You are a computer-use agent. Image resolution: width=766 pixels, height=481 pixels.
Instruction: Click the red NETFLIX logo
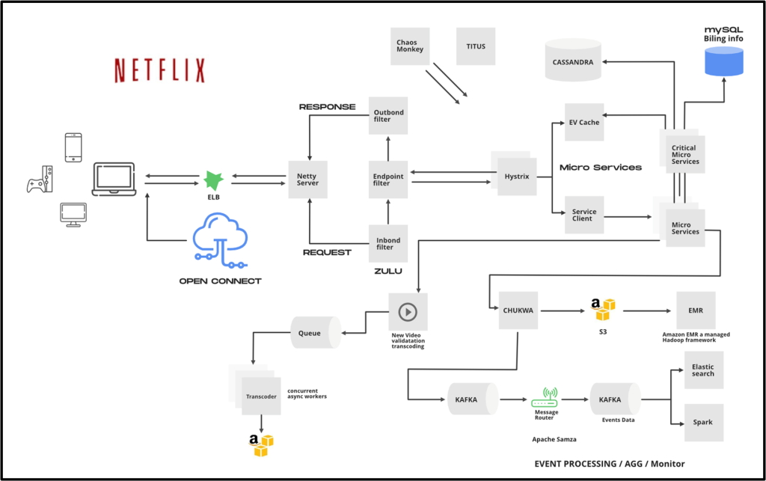[x=159, y=70]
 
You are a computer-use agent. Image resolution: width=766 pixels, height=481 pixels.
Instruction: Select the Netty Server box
[x=307, y=180]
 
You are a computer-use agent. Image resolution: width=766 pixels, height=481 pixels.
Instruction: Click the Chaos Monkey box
[x=409, y=46]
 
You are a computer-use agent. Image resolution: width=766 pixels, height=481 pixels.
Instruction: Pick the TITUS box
[x=475, y=46]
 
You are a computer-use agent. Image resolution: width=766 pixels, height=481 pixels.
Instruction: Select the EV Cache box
[x=584, y=123]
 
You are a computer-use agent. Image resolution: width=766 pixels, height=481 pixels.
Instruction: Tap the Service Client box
[x=584, y=215]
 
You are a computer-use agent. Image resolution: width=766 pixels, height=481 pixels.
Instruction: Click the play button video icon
[x=408, y=311]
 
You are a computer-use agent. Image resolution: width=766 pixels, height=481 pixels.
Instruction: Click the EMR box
[x=696, y=310]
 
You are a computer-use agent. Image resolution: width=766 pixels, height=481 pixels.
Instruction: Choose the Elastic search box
[x=703, y=370]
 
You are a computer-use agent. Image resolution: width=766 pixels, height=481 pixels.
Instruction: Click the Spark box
[x=703, y=423]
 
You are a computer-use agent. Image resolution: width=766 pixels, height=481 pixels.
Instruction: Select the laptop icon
[x=114, y=180]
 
